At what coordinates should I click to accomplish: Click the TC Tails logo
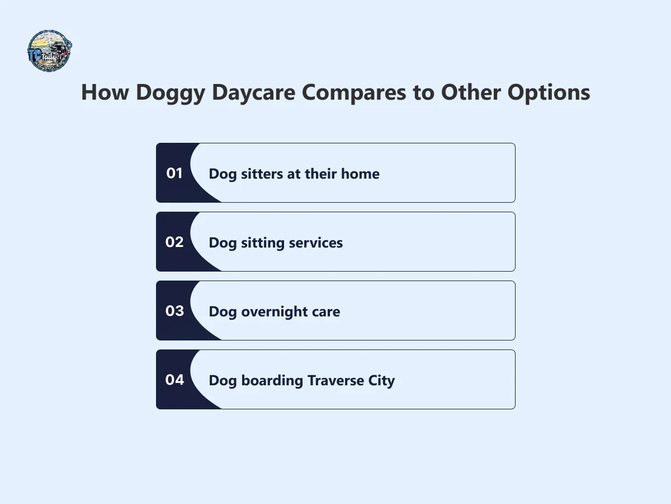(49, 50)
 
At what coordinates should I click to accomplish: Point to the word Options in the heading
(549, 92)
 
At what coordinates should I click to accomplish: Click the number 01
(174, 174)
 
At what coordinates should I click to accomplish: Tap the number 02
(174, 242)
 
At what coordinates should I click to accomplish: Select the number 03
(174, 311)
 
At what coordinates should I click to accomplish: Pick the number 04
(174, 380)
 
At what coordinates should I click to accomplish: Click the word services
(316, 243)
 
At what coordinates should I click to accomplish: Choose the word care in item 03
(326, 312)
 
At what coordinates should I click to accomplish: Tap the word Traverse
(334, 381)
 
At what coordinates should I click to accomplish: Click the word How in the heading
(104, 92)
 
